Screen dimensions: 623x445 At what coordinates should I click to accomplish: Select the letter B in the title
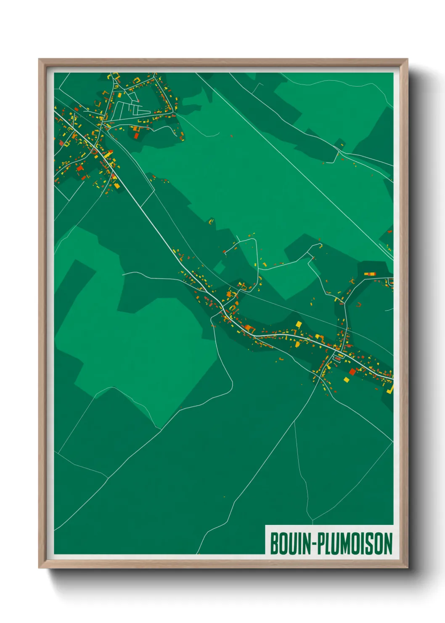(274, 543)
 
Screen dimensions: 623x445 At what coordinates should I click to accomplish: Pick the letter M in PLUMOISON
(344, 543)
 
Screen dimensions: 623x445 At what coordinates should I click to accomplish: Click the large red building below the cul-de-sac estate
(136, 136)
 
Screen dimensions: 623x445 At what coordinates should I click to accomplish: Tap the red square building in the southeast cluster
(352, 371)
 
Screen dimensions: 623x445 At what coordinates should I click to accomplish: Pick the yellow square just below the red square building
(347, 380)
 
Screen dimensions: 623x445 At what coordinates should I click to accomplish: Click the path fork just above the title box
(311, 520)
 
